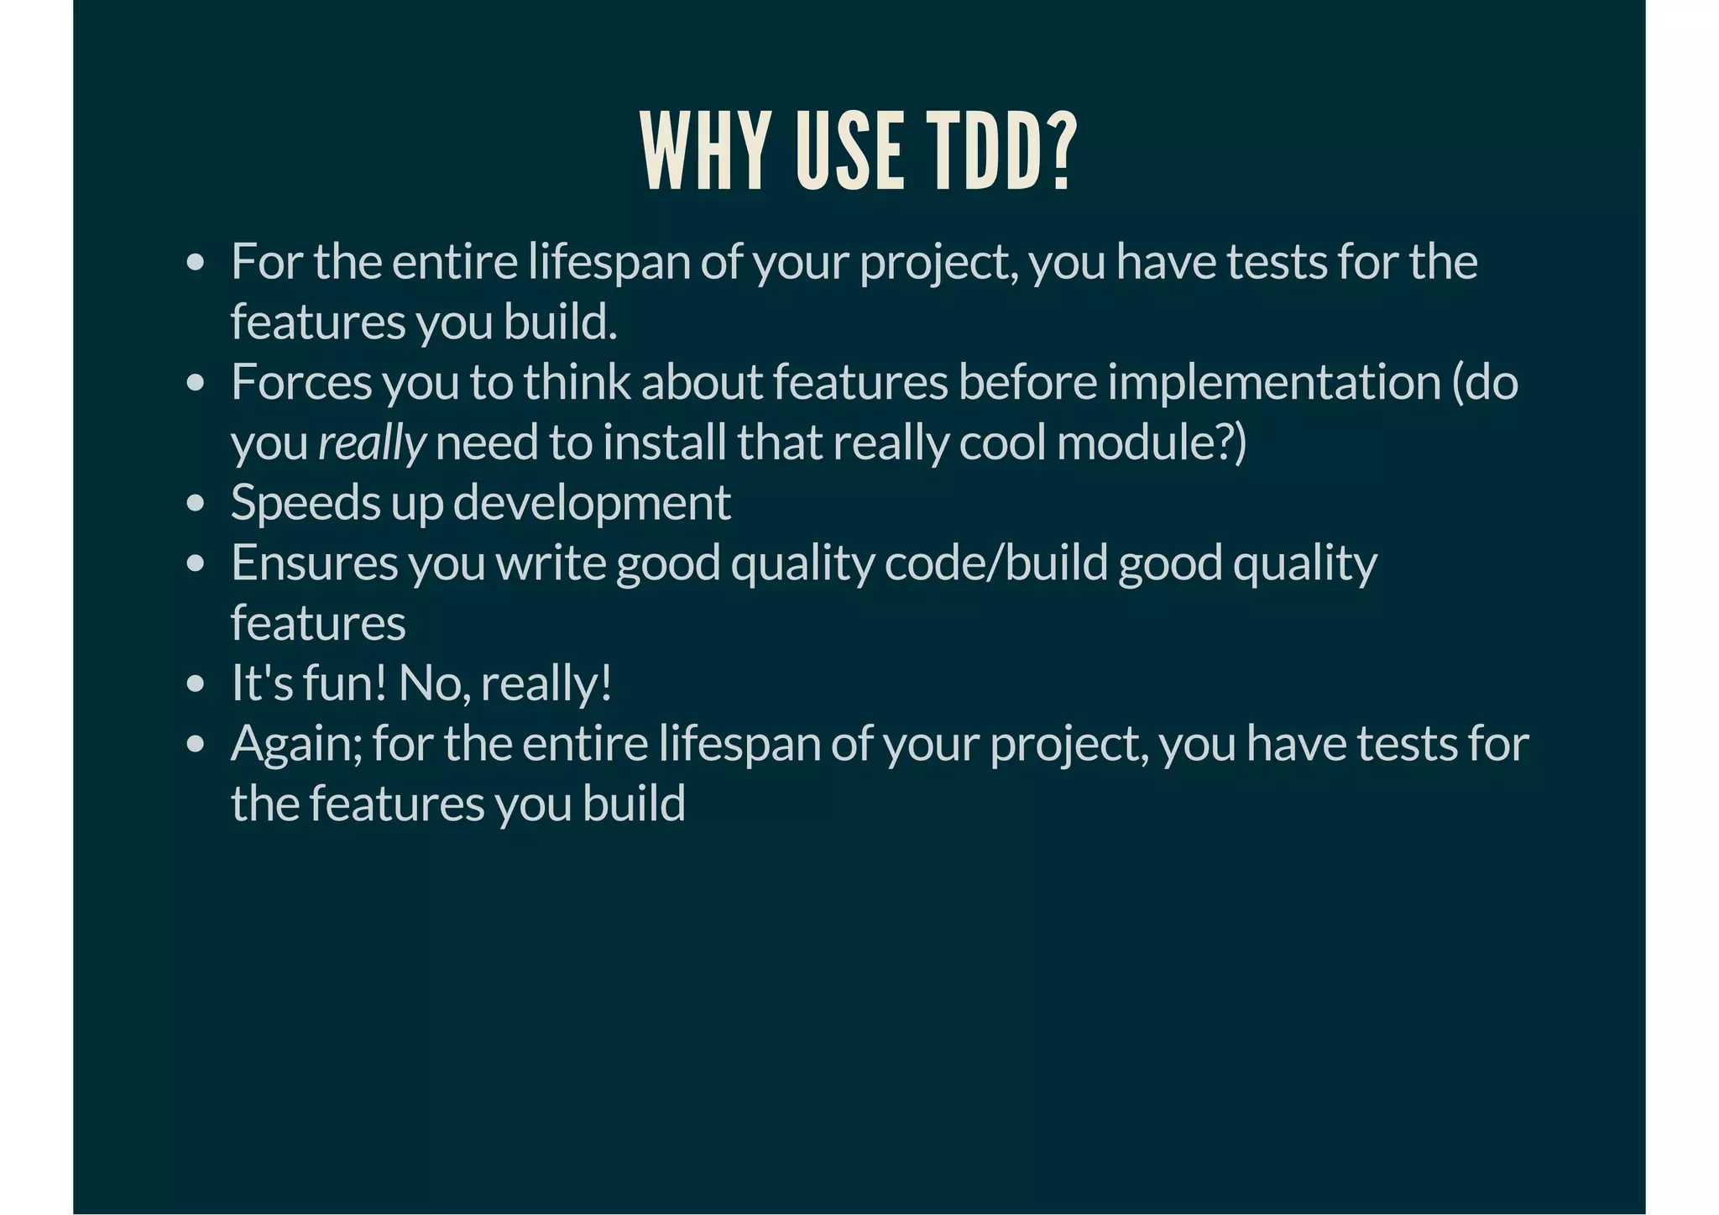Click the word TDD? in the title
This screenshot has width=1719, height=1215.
tap(1001, 152)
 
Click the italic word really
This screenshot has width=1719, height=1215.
tap(372, 443)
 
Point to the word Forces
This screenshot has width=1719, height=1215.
tap(301, 382)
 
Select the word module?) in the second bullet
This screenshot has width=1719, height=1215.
tap(1152, 443)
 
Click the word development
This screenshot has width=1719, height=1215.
tap(592, 503)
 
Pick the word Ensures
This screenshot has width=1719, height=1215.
tap(314, 563)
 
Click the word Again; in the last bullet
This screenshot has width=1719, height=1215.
tap(296, 744)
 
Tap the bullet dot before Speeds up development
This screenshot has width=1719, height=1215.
tap(196, 504)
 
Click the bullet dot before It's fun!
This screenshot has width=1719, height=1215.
tap(196, 684)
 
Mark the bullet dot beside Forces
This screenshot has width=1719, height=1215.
tap(196, 384)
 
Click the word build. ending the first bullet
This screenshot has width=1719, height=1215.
tap(560, 322)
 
